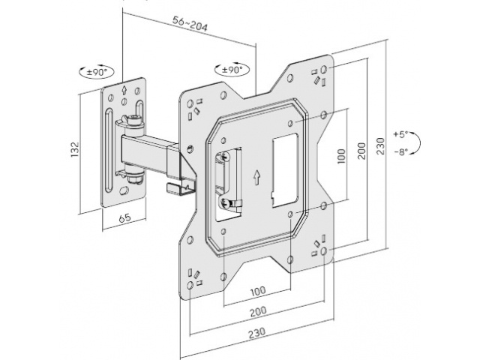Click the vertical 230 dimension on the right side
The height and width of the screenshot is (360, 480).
pyautogui.click(x=382, y=142)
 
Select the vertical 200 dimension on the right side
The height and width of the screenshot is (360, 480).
pyautogui.click(x=361, y=149)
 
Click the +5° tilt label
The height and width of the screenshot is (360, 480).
pyautogui.click(x=400, y=134)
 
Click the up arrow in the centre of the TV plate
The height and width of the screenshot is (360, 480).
pyautogui.click(x=256, y=178)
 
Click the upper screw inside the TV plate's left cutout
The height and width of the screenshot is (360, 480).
pyautogui.click(x=224, y=157)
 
